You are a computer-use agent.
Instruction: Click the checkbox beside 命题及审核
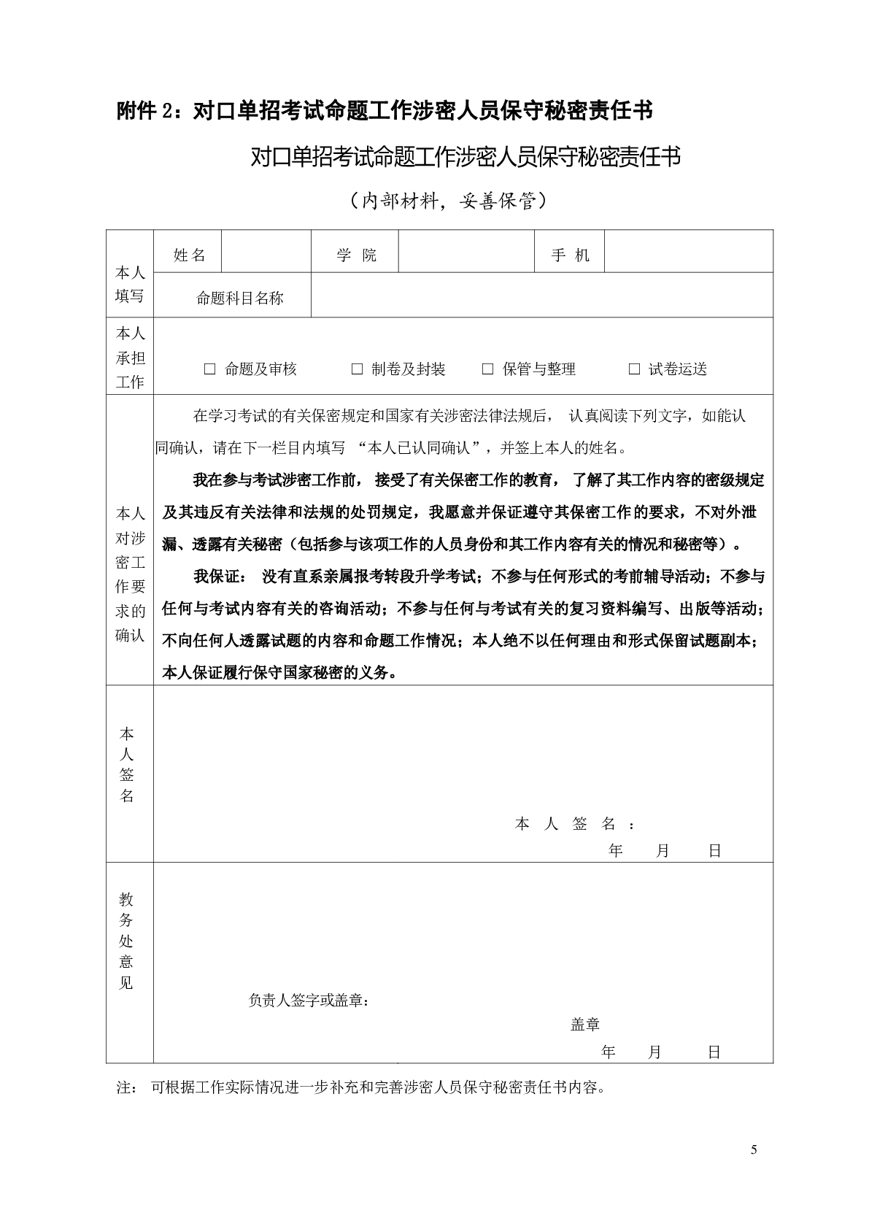click(x=210, y=370)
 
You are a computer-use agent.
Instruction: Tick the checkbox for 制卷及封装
click(x=357, y=370)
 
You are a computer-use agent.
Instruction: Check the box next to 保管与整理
click(x=488, y=370)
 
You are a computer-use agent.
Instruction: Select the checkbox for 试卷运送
click(x=634, y=370)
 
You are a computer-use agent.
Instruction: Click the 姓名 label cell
click(x=189, y=255)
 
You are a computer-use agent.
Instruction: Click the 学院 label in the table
click(x=356, y=255)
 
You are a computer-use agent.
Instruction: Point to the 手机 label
click(x=571, y=255)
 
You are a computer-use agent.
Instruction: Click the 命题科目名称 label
click(x=240, y=298)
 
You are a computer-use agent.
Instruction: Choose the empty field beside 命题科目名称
click(x=541, y=296)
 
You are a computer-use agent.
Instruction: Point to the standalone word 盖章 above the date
click(x=584, y=1025)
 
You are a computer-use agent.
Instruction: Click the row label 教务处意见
click(x=127, y=941)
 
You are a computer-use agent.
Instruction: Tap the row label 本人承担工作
click(x=130, y=358)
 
